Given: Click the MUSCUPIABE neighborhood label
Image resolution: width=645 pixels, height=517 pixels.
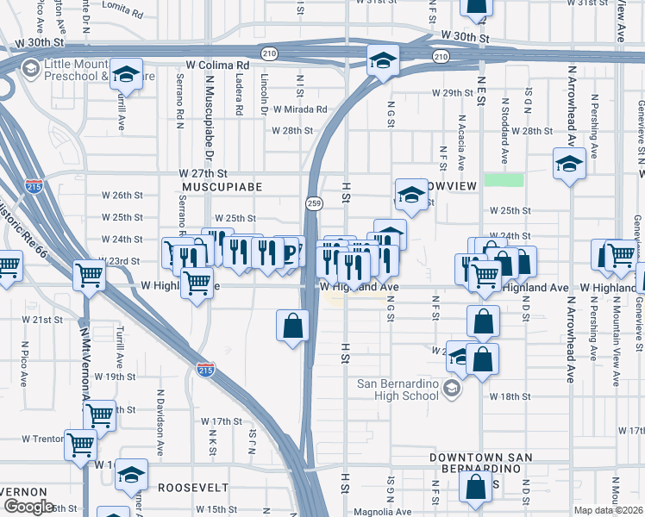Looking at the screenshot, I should pos(222,186).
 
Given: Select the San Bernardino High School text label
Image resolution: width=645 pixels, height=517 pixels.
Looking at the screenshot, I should pos(397,389).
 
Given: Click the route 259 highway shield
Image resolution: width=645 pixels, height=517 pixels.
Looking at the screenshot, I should pos(314,202).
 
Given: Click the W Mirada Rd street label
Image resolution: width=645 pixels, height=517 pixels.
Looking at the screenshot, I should pos(300,109).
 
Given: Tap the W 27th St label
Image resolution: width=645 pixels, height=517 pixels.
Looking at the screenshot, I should pos(203,173).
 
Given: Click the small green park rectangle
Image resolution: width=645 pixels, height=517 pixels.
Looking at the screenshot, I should pos(504,179).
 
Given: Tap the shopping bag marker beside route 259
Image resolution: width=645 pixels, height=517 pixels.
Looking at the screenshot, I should pos(292,326).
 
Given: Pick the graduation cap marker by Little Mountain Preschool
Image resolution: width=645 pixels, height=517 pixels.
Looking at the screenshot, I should pos(127,75).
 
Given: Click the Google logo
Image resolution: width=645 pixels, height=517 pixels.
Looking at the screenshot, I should pos(28,506).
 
